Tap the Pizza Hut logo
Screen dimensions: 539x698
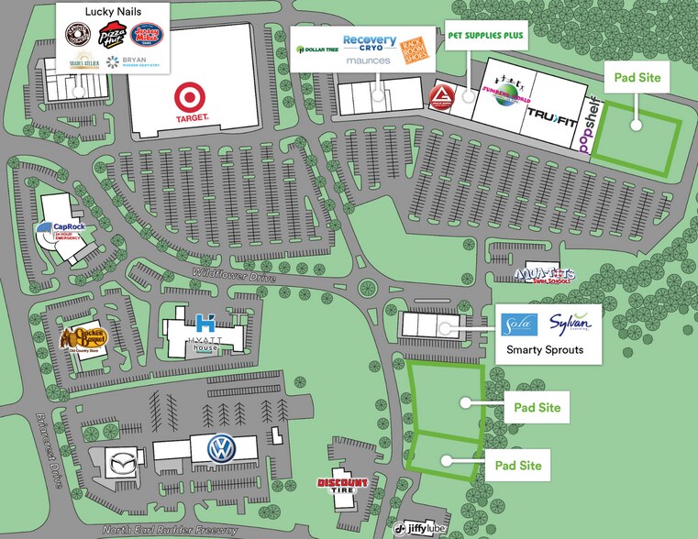point(112,37)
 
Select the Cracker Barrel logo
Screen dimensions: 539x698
point(84,339)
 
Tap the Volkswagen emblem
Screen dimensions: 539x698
point(218,448)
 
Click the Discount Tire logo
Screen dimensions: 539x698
point(342,485)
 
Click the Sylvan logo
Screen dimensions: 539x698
point(573,324)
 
